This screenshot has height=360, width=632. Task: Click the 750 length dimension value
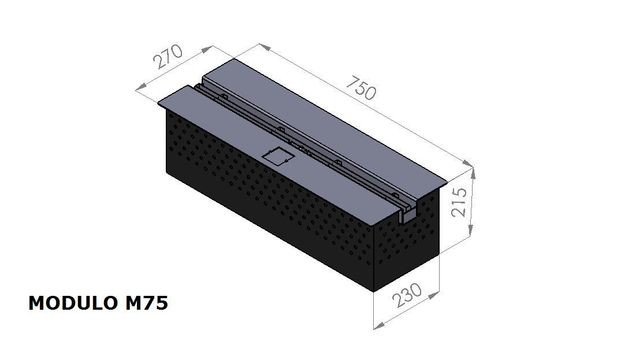pyautogui.click(x=361, y=88)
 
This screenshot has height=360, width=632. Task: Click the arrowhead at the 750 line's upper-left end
pyautogui.click(x=263, y=46)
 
